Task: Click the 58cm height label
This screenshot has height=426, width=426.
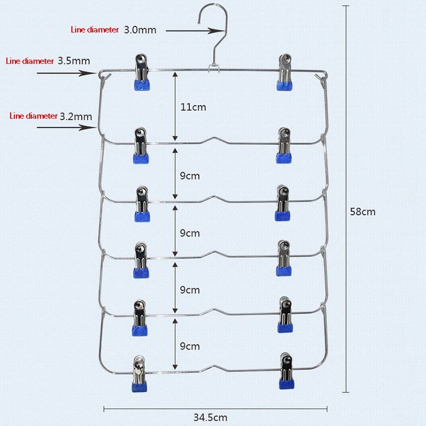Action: point(363,211)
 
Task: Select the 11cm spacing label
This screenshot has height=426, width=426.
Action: point(193,107)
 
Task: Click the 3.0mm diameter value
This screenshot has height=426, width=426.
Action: point(140,30)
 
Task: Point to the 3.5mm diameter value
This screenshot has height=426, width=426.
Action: point(74,61)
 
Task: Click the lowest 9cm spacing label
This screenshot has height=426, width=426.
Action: point(190,346)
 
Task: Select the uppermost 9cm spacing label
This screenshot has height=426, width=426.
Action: point(190,176)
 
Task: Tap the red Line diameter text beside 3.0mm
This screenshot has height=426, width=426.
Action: point(95,30)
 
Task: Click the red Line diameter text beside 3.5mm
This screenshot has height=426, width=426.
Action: point(30,61)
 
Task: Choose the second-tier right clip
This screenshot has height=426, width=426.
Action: point(284,145)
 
